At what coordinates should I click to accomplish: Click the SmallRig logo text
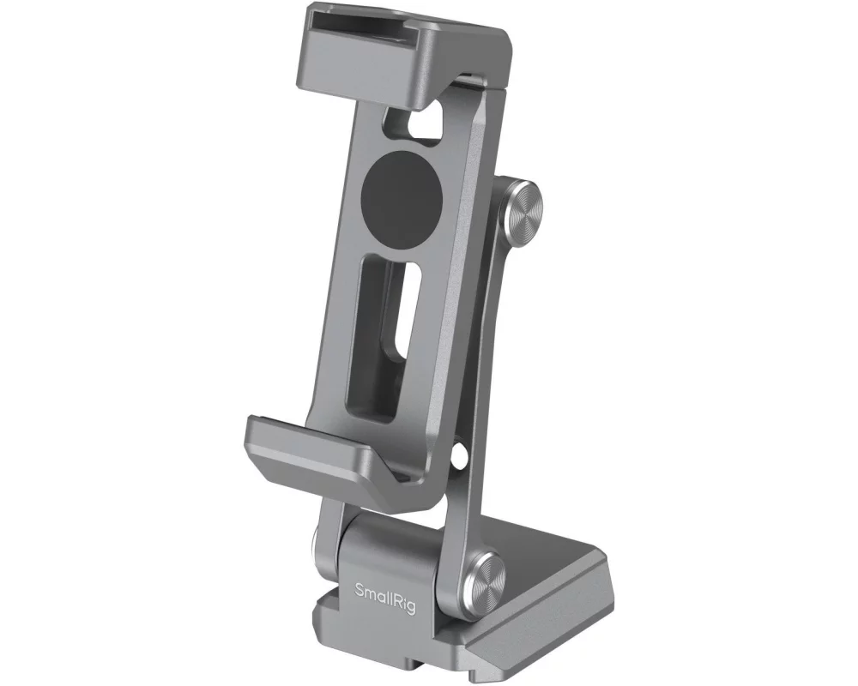tap(383, 590)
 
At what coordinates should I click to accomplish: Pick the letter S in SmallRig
tap(360, 589)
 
